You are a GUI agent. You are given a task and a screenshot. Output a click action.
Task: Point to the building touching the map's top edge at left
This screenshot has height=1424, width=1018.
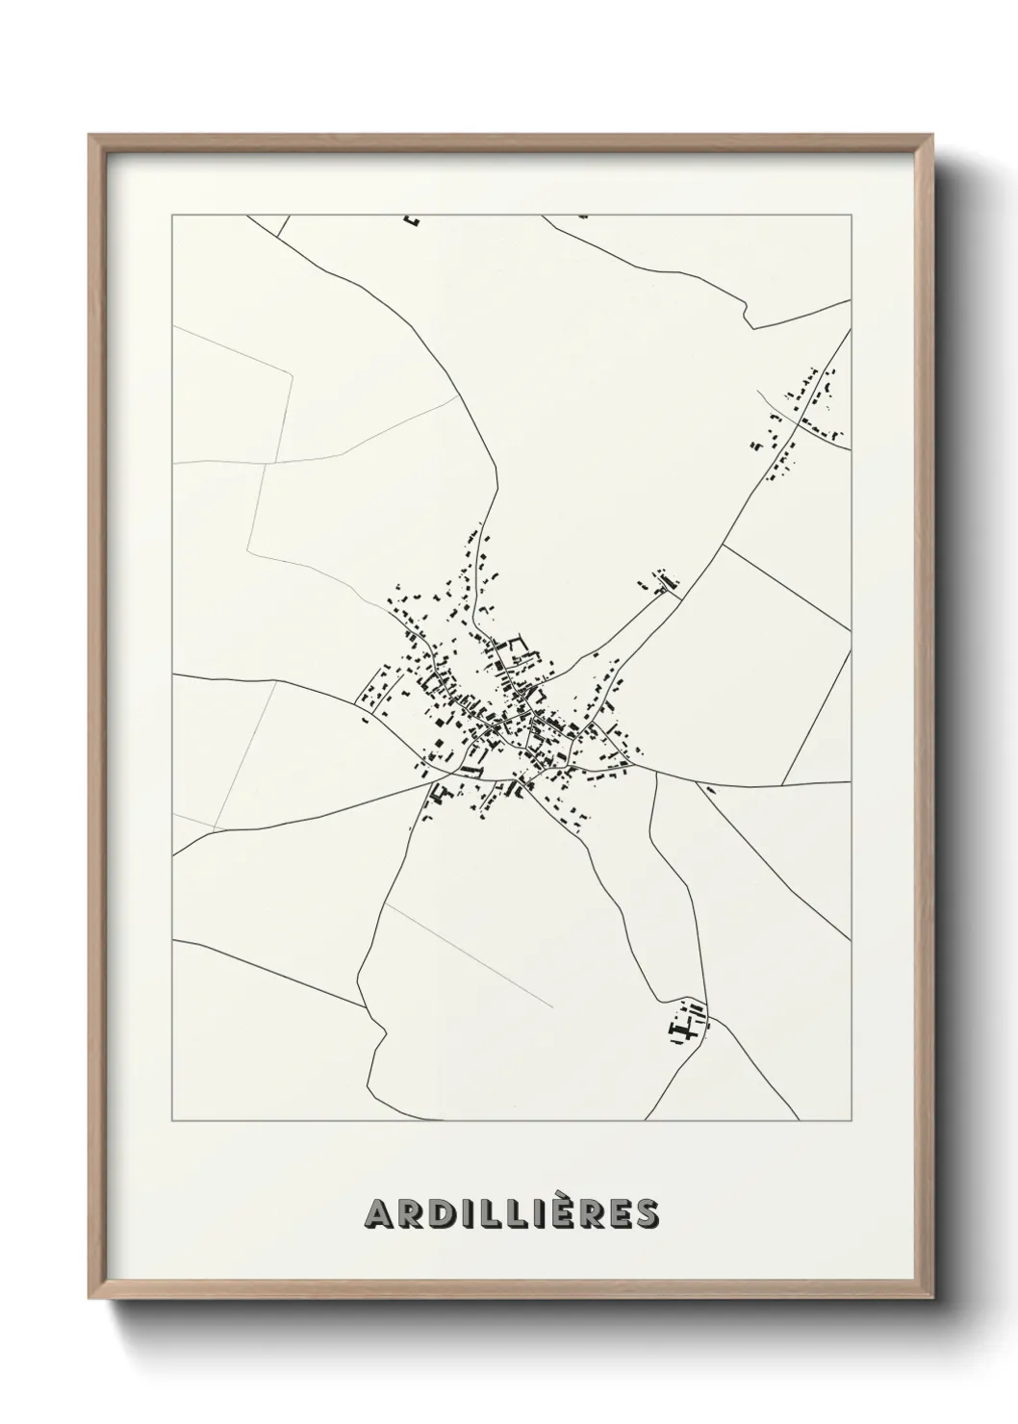tap(414, 220)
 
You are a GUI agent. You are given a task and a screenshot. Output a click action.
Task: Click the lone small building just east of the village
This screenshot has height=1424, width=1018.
tap(710, 790)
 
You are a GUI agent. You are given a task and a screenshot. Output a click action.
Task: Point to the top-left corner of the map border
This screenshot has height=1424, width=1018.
tap(172, 216)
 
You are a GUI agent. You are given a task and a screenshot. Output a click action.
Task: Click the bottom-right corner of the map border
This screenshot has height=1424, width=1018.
tap(852, 1121)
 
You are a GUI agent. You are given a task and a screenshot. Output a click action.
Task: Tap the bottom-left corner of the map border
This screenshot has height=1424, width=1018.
tap(172, 1121)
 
